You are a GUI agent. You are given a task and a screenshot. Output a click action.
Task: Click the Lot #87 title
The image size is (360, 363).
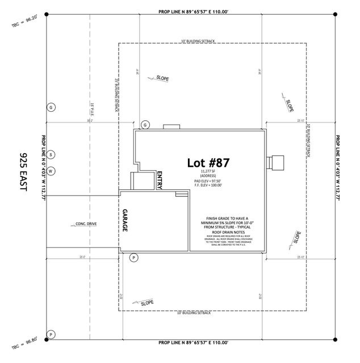pos(208,163)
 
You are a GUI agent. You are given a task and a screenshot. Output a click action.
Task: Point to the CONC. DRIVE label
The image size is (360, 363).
pos(86,224)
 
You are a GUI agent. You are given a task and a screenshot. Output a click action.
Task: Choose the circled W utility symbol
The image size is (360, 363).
pos(51,170)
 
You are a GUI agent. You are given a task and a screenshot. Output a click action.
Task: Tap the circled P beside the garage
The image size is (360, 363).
pos(134,258)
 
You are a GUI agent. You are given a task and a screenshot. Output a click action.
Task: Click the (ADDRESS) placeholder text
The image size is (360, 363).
pos(208,176)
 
